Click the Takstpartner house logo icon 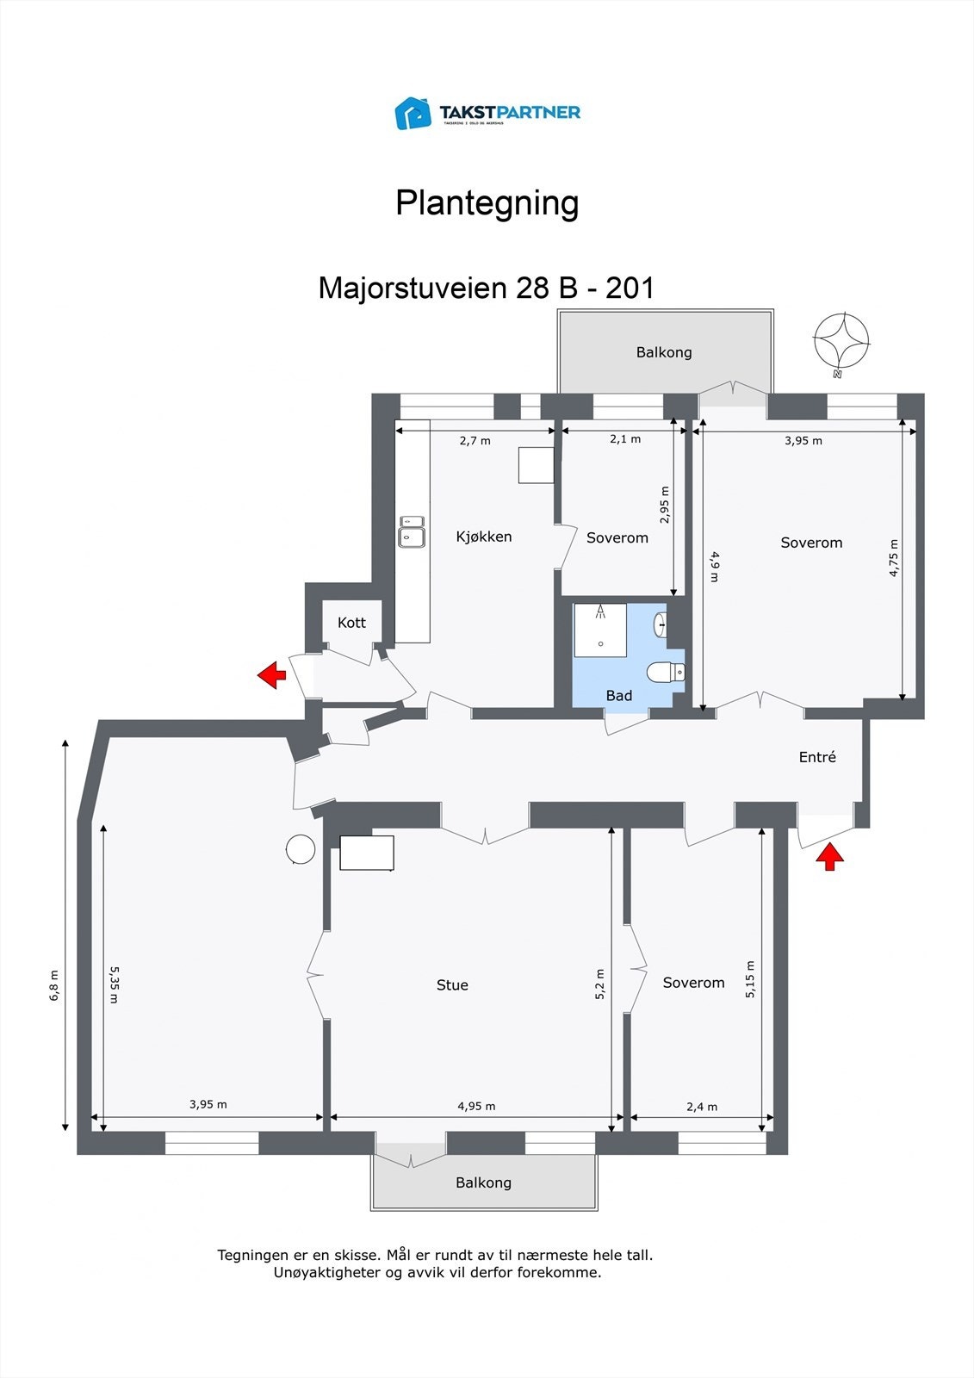(413, 113)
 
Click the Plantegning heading (487, 203)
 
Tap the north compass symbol (841, 343)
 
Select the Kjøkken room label (484, 537)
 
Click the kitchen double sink (411, 532)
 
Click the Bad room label (618, 696)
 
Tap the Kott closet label (351, 623)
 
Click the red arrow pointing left (271, 675)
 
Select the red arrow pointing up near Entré (829, 857)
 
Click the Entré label (817, 757)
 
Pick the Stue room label (452, 985)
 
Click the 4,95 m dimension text (476, 1107)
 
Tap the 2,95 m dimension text (664, 505)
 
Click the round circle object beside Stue (301, 849)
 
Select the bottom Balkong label (483, 1183)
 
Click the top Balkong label (663, 352)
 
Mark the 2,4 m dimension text (701, 1107)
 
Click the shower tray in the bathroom (599, 630)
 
